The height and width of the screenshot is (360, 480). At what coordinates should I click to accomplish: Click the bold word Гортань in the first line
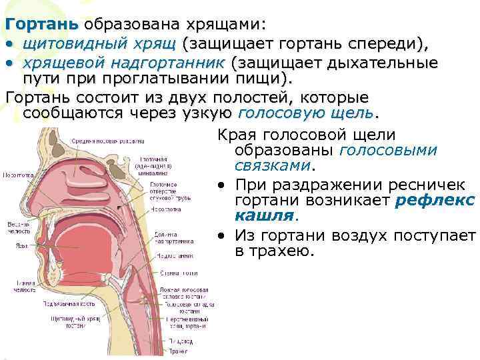[41, 24]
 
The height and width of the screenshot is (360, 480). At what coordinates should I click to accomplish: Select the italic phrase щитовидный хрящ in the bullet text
[99, 44]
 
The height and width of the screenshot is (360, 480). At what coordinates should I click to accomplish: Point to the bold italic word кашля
[265, 215]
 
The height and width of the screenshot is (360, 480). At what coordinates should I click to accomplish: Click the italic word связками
[273, 164]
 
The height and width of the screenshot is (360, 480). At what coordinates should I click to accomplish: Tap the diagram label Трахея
[178, 351]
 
